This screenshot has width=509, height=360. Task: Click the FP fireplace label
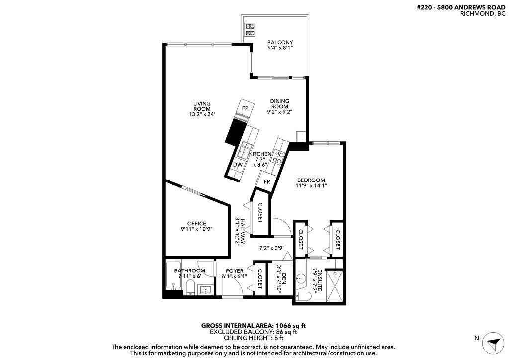pyautogui.click(x=245, y=108)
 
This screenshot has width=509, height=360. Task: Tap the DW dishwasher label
pyautogui.click(x=238, y=165)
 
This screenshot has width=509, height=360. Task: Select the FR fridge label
pyautogui.click(x=267, y=182)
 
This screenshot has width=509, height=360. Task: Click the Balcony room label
pyautogui.click(x=280, y=42)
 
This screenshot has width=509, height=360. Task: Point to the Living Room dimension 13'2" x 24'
pyautogui.click(x=202, y=114)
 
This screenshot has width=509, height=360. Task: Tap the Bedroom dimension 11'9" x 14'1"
pyautogui.click(x=311, y=186)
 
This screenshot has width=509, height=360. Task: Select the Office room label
pyautogui.click(x=197, y=223)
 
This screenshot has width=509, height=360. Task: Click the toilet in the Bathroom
pyautogui.click(x=190, y=287)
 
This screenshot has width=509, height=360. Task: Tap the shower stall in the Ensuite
pyautogui.click(x=334, y=285)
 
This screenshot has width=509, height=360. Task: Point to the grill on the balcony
pyautogui.click(x=250, y=29)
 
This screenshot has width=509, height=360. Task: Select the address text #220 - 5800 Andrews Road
pyautogui.click(x=461, y=7)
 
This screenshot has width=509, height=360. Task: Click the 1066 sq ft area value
pyautogui.click(x=290, y=325)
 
